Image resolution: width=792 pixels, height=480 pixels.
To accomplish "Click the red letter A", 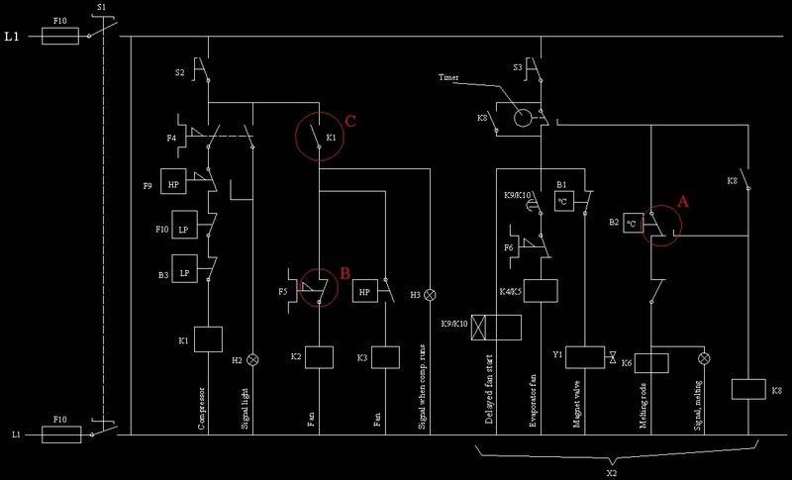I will click(681, 200).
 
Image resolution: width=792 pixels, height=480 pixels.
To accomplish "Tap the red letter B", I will click(345, 270).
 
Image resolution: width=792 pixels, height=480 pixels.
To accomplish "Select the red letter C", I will click(350, 121).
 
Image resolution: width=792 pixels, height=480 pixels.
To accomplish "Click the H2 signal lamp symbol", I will click(252, 360).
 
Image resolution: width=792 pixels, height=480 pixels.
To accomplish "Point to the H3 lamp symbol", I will click(430, 295).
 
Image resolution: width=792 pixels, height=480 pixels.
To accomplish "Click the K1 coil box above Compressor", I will click(208, 339).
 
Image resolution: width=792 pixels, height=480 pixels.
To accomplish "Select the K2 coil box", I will click(319, 356).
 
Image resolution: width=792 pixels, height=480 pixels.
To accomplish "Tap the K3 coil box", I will click(384, 356).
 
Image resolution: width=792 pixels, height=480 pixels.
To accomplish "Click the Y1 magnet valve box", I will click(590, 357).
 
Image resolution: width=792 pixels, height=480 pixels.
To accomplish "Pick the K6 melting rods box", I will click(651, 363).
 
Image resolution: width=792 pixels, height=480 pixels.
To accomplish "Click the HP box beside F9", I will click(173, 185).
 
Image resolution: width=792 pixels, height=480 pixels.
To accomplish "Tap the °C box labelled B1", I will click(564, 201).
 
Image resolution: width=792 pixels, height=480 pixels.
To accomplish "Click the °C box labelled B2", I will click(631, 223).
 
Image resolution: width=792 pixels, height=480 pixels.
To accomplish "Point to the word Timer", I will click(449, 77).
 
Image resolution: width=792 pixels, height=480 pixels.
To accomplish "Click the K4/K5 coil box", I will click(541, 290).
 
